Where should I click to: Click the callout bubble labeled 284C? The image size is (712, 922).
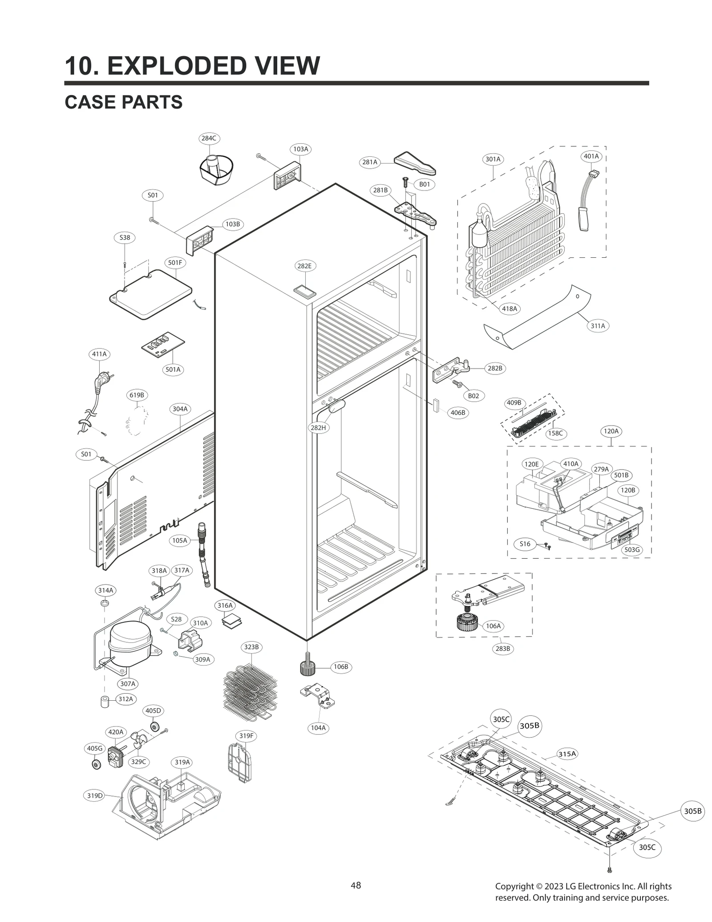click(x=208, y=138)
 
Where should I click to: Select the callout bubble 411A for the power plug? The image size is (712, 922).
click(x=99, y=354)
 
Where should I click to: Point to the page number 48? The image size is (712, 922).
click(x=356, y=885)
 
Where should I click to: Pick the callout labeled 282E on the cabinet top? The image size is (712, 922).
click(x=304, y=266)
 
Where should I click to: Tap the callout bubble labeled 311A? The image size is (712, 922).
click(x=598, y=326)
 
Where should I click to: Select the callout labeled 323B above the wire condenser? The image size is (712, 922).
click(x=251, y=647)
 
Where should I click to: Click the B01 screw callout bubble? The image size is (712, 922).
click(x=424, y=184)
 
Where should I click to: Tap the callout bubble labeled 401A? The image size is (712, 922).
click(x=591, y=156)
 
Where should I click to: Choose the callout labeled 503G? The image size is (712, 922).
click(x=631, y=550)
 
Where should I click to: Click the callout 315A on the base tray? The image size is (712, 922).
click(x=567, y=754)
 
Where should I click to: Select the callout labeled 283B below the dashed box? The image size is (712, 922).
click(x=503, y=649)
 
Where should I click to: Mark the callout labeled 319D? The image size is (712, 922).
click(x=94, y=796)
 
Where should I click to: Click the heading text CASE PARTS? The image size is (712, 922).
click(x=123, y=102)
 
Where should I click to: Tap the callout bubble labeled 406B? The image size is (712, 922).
click(x=457, y=413)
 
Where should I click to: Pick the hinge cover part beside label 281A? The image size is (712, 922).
click(x=415, y=163)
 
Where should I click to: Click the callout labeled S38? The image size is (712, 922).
click(x=125, y=237)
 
